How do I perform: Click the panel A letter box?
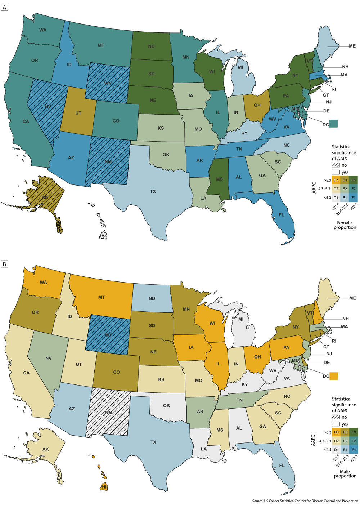[x=4, y=7]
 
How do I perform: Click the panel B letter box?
[x=4, y=264]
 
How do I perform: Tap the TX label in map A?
[x=153, y=191]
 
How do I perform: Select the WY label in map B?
[x=108, y=335]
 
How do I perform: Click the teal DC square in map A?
[x=334, y=124]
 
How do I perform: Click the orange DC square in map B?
[x=334, y=376]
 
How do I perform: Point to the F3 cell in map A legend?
[x=354, y=180]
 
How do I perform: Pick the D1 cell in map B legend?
[x=336, y=450]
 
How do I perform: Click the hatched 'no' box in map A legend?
[x=336, y=165]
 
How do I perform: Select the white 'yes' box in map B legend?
[x=336, y=424]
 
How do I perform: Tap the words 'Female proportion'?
[x=345, y=225]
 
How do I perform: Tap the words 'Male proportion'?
[x=345, y=473]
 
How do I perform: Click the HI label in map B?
[x=104, y=486]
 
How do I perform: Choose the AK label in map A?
[x=45, y=197]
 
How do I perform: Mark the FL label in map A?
[x=282, y=215]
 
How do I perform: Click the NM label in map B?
[x=108, y=413]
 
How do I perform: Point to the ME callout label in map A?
[x=352, y=46]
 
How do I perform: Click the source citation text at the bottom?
[x=305, y=501]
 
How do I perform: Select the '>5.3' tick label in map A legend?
[x=327, y=180]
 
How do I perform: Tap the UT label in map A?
[x=78, y=113]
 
